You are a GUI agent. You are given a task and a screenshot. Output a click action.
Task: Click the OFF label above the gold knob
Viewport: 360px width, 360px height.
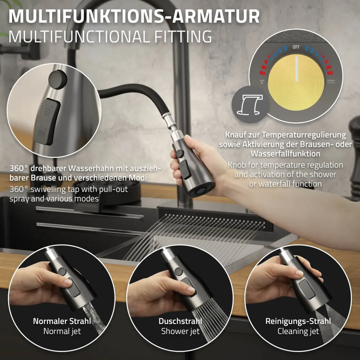click(296, 47)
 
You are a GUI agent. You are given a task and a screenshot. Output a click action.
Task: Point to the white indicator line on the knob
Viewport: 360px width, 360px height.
click(296, 69)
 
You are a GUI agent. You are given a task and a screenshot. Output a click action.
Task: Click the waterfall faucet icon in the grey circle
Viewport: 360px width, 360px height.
click(250, 105)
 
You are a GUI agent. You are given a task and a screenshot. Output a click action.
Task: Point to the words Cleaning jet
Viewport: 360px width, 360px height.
click(298, 331)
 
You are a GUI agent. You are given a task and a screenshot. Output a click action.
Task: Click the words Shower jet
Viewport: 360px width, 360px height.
click(180, 331)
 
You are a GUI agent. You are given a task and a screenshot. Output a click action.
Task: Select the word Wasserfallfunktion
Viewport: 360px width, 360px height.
click(285, 154)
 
